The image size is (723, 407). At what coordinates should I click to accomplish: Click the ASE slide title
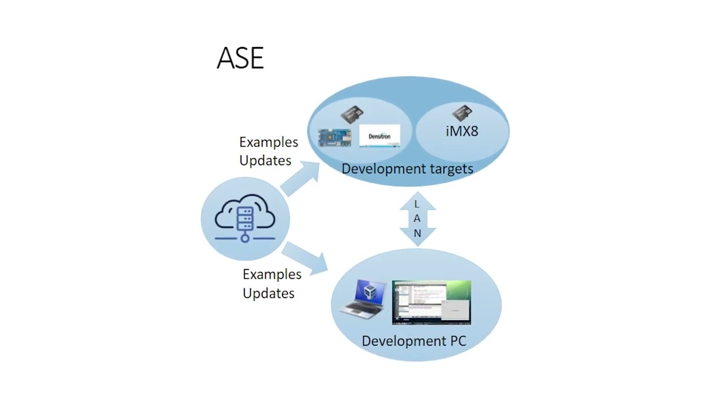[x=240, y=58]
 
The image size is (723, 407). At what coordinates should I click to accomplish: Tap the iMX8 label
[x=462, y=131]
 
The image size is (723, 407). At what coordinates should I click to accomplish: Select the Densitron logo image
[x=380, y=136]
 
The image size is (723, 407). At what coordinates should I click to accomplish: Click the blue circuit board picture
[x=334, y=137]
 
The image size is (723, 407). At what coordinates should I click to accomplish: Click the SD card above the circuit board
[x=352, y=115]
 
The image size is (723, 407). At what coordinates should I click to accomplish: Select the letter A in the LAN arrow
[x=417, y=218]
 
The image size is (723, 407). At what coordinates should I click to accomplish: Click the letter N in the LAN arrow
[x=417, y=233]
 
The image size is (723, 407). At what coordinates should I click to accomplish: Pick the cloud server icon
[x=245, y=218]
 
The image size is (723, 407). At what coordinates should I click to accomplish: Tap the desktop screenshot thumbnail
[x=432, y=302]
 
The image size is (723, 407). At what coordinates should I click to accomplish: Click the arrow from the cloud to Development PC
[x=305, y=258]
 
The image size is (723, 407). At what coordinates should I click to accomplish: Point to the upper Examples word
[x=268, y=142]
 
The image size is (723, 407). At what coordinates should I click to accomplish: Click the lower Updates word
[x=268, y=293]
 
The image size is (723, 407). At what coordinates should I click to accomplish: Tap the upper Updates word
[x=265, y=161]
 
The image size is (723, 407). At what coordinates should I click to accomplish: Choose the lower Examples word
[x=272, y=274]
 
